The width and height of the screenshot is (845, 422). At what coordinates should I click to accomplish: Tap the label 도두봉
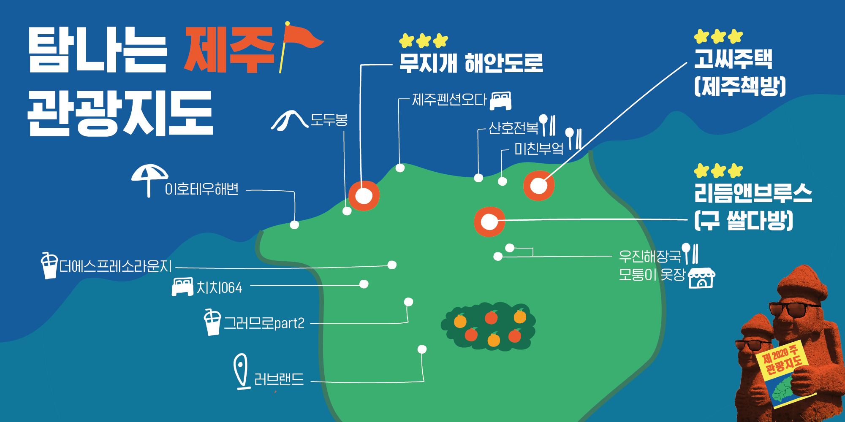point(329,120)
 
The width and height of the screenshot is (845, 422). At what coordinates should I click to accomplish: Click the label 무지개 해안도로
point(471,63)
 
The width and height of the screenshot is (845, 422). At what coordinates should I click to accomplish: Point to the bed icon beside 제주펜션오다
point(501,100)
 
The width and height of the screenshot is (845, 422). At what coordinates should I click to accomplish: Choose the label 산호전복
point(513,128)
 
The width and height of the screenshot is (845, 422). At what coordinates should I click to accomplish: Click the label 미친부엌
point(539,149)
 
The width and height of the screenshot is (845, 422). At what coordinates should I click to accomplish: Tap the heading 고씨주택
point(733,59)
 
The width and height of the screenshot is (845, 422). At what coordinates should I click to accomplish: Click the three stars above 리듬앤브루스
point(718,171)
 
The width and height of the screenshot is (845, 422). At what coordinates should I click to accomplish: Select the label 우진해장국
point(650,256)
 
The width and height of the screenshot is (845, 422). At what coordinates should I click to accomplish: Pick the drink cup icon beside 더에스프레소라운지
point(49,265)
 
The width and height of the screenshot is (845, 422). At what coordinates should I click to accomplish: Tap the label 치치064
point(219,288)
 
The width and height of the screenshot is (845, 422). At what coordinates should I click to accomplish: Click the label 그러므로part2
point(264,323)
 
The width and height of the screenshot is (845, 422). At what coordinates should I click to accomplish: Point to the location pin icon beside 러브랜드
point(241,371)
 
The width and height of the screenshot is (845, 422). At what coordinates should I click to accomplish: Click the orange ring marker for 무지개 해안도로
point(364,196)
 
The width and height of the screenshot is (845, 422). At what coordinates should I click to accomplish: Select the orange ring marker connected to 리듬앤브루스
point(489,222)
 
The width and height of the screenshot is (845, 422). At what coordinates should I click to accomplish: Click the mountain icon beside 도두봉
point(289,120)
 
